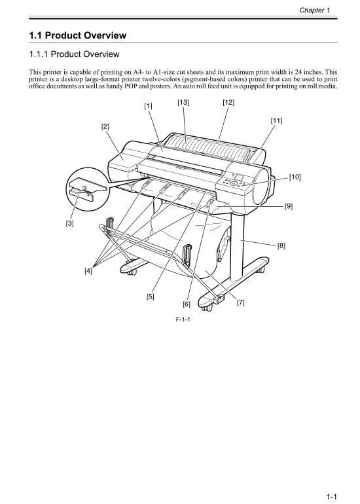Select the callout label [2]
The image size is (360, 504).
105,126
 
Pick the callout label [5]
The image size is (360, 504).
151,297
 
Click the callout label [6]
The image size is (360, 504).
187,304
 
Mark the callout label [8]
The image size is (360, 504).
281,246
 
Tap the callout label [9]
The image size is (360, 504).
288,206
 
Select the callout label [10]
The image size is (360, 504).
295,177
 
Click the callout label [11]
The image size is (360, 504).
277,120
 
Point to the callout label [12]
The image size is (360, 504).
228,102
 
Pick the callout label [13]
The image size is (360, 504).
183,102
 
